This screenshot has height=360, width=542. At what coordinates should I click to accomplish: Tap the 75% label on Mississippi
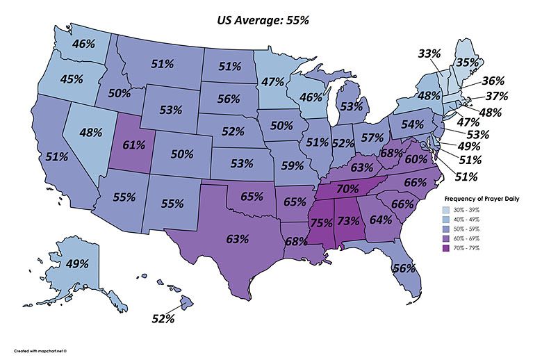point(320,223)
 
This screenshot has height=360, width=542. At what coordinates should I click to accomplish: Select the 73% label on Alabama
point(348,222)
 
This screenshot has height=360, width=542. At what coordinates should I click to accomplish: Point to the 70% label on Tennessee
point(347,188)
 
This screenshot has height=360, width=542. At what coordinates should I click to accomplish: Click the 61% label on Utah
point(134,145)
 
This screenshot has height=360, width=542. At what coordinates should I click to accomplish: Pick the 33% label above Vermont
point(429,53)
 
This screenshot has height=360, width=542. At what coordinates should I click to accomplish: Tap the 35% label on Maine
point(486,62)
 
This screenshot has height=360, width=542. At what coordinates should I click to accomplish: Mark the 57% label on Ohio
point(372,137)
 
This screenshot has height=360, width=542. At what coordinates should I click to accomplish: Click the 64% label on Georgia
point(381,220)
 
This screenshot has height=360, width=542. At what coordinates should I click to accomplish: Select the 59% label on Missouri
point(293,166)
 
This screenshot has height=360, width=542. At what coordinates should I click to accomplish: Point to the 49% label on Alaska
point(76,264)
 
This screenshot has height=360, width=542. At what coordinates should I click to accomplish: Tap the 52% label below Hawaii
point(163,319)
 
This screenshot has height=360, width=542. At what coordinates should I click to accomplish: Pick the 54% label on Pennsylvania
point(413,124)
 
